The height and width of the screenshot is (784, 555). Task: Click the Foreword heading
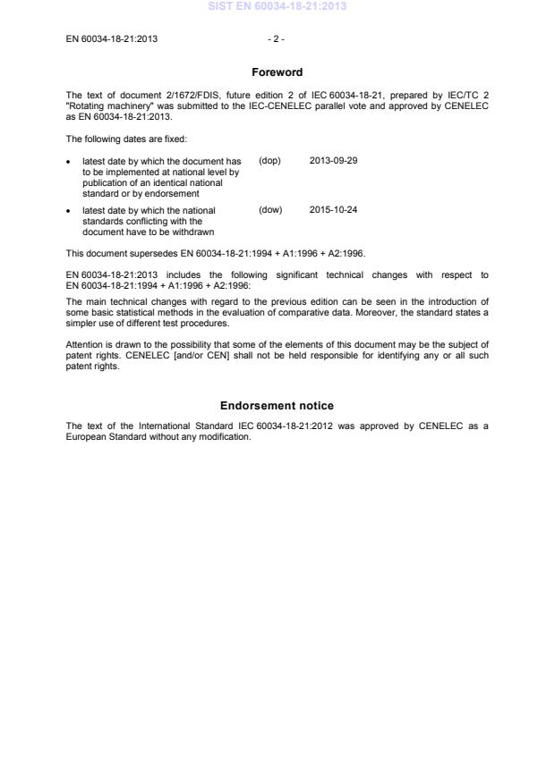point(277,72)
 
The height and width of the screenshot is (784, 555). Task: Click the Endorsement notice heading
point(277,406)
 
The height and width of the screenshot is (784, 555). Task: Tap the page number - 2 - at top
point(277,38)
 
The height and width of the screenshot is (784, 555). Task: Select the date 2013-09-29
point(333,161)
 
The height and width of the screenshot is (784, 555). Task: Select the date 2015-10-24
point(333,211)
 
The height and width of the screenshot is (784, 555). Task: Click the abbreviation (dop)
point(269,161)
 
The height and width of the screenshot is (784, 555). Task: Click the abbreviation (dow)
point(270,211)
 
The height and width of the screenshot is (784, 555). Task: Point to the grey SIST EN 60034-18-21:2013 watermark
point(277,6)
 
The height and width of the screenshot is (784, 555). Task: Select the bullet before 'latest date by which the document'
point(70,162)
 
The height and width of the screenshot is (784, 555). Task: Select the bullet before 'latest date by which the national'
point(70,212)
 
